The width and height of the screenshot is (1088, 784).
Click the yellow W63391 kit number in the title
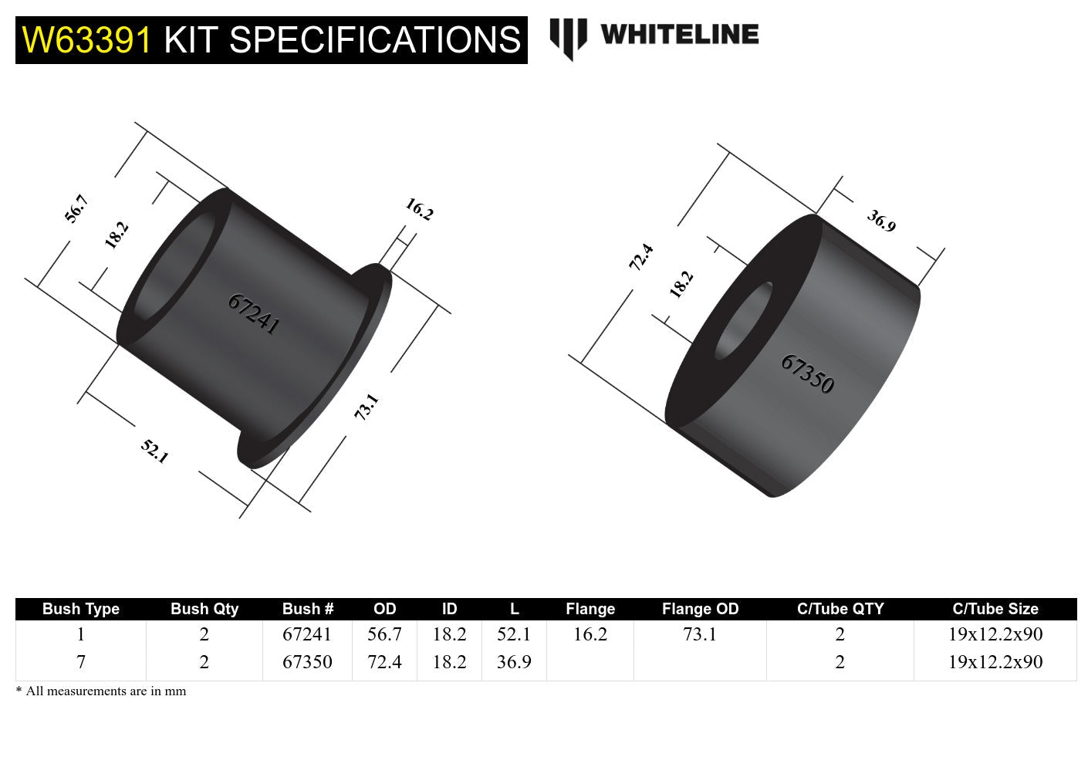pyautogui.click(x=87, y=40)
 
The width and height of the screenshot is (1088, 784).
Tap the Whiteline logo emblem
pyautogui.click(x=568, y=38)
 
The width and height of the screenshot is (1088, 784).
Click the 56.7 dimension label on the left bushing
pyautogui.click(x=76, y=209)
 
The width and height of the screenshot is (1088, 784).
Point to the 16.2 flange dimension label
pyautogui.click(x=419, y=209)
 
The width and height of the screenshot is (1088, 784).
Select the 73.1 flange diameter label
pyautogui.click(x=367, y=407)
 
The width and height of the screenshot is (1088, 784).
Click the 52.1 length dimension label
pyautogui.click(x=154, y=451)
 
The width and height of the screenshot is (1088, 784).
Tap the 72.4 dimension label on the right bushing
pyautogui.click(x=641, y=256)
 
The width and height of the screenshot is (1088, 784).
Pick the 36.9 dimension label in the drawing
pyautogui.click(x=881, y=221)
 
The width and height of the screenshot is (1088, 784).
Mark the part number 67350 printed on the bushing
pyautogui.click(x=807, y=374)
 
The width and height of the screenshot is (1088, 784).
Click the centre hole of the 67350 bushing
pyautogui.click(x=743, y=321)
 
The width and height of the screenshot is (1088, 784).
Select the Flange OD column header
pyautogui.click(x=700, y=609)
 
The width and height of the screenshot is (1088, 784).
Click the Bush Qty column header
pyautogui.click(x=204, y=609)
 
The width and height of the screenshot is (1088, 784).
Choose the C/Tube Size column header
pyautogui.click(x=995, y=609)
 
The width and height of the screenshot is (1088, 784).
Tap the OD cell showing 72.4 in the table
pyautogui.click(x=384, y=662)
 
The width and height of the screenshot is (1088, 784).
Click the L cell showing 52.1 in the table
pyautogui.click(x=514, y=634)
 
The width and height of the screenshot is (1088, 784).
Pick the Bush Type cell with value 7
pyautogui.click(x=81, y=662)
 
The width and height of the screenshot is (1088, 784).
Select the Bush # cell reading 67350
pyautogui.click(x=307, y=662)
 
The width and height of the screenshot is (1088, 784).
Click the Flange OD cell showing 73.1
pyautogui.click(x=700, y=634)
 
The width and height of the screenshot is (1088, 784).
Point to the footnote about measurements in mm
pyautogui.click(x=101, y=691)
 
